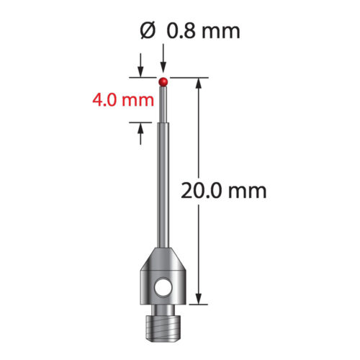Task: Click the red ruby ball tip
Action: click(x=164, y=80)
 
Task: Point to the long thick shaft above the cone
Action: click(x=164, y=187)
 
